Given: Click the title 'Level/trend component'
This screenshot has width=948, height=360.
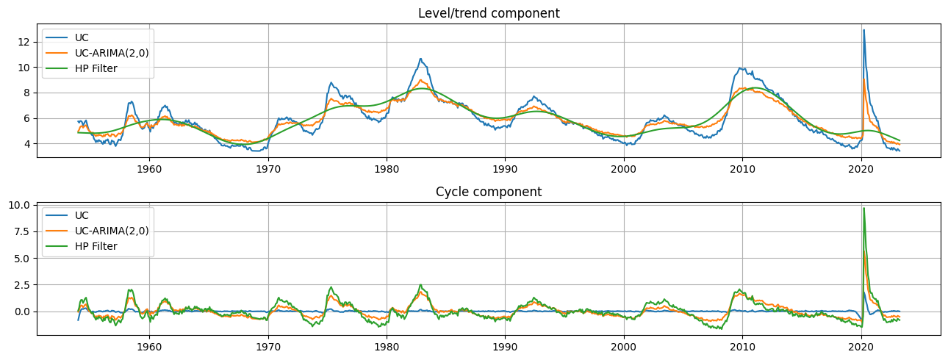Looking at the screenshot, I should click(489, 13).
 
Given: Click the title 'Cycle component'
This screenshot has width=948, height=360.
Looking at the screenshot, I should click(489, 192).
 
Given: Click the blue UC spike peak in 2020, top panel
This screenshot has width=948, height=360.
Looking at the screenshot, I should click(863, 30).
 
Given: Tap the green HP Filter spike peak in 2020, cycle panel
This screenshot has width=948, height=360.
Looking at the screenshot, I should click(863, 209).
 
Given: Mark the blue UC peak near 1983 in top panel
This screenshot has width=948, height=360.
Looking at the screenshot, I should click(420, 59).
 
